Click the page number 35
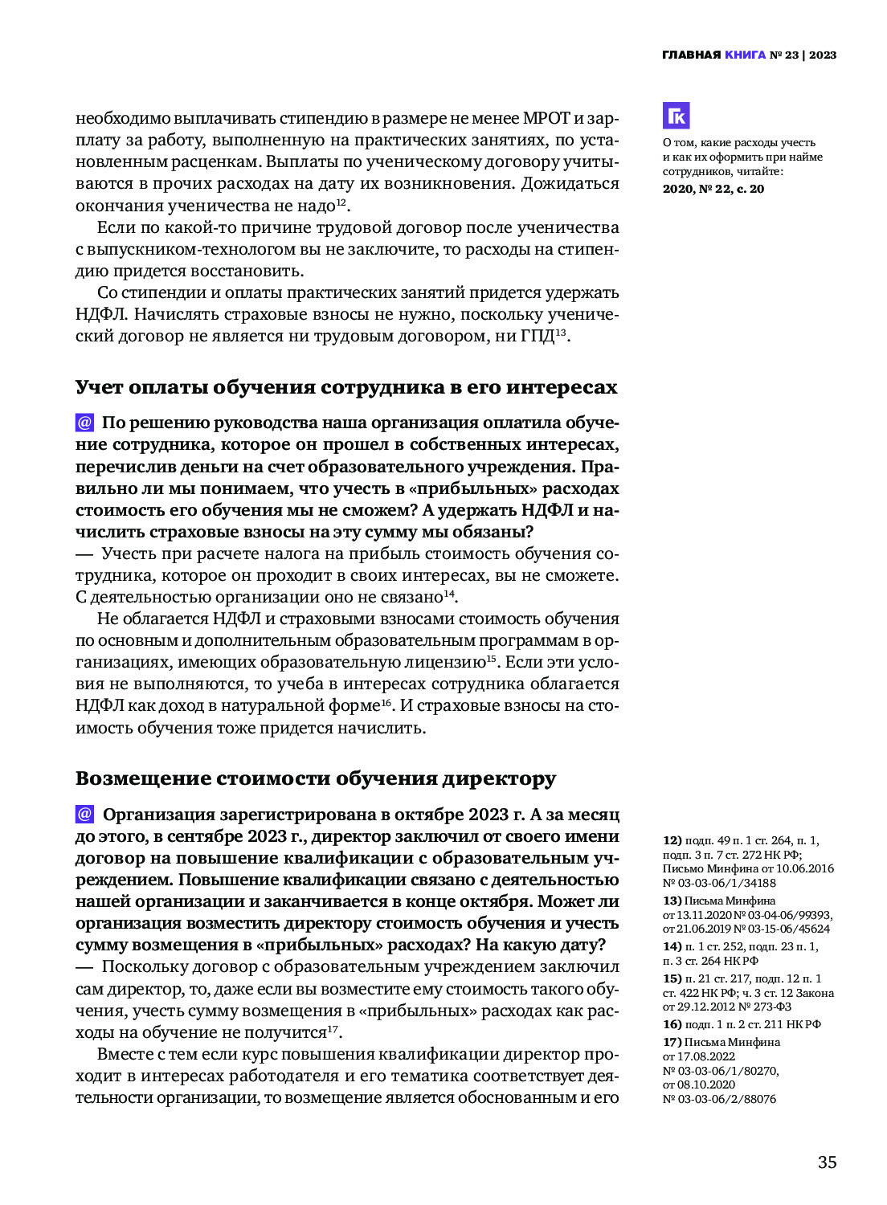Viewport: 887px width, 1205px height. [827, 1162]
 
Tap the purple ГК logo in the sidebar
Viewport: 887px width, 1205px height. [676, 116]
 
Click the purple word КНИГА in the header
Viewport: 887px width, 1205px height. [745, 55]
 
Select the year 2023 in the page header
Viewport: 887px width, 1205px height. [823, 55]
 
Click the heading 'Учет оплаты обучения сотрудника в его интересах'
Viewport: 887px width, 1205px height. [346, 387]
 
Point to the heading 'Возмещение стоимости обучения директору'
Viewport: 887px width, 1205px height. [316, 778]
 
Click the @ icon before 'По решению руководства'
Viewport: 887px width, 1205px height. [84, 423]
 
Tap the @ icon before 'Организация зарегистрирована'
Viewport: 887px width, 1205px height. [84, 814]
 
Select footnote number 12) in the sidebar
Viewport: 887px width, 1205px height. [672, 840]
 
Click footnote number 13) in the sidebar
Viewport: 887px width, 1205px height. [672, 901]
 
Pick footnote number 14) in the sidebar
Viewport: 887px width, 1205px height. [672, 946]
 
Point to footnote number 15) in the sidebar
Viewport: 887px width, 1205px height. [672, 978]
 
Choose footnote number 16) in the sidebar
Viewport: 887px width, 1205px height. [672, 1024]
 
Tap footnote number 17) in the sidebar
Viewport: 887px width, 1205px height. [672, 1042]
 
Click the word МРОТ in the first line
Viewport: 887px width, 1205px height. [546, 118]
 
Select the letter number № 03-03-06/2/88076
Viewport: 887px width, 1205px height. [719, 1099]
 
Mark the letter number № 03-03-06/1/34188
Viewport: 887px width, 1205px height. [719, 883]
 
